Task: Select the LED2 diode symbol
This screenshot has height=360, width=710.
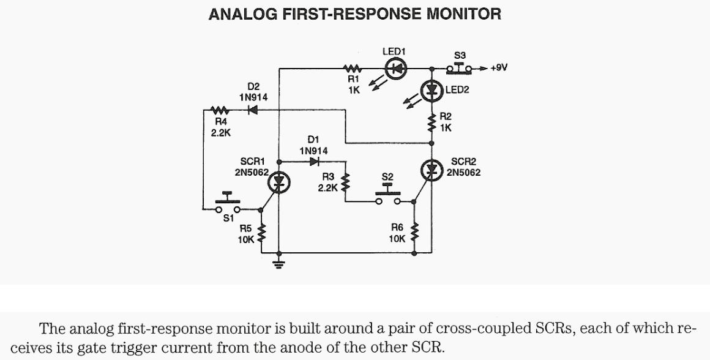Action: click(x=433, y=91)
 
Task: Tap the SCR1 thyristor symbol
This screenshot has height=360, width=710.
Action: click(x=279, y=181)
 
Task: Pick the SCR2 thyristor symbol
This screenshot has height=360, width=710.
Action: click(x=432, y=170)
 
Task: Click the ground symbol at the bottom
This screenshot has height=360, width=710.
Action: click(x=279, y=264)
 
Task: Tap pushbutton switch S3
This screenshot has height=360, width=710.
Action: click(x=460, y=67)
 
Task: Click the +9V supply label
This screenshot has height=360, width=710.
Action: click(x=500, y=68)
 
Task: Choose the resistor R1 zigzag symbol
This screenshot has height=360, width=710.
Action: click(x=353, y=69)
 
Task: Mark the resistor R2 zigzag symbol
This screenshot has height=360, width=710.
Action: click(x=432, y=122)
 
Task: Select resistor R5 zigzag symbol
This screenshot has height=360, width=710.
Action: click(x=262, y=232)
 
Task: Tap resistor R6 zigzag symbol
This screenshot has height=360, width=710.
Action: click(x=414, y=232)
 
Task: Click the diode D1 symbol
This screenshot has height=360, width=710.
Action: click(x=315, y=162)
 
